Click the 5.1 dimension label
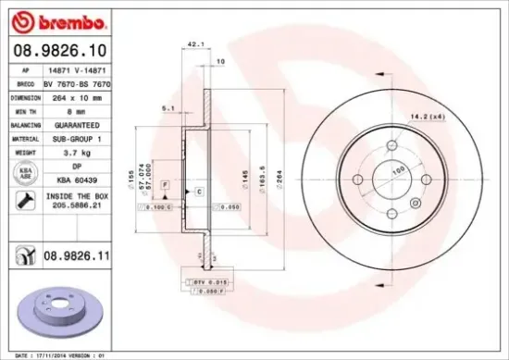point(168,108)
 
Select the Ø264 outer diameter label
point(277,175)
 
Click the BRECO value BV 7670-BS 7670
point(82,82)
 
